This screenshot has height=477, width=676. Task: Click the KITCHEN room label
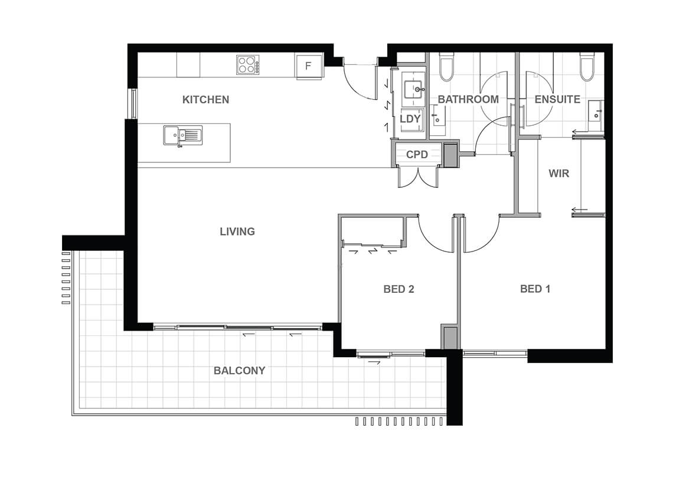(205, 100)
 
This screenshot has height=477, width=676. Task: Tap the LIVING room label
(237, 231)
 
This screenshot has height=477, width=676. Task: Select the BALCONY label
(239, 371)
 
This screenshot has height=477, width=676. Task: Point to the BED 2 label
(399, 289)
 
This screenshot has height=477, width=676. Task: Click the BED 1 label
(535, 289)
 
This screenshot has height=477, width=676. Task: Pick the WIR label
(559, 174)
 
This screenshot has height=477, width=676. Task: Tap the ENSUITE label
(557, 100)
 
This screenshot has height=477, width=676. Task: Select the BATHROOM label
(468, 100)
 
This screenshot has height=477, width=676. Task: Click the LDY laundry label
(410, 119)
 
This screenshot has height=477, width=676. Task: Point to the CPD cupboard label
(417, 154)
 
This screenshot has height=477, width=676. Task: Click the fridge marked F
(309, 66)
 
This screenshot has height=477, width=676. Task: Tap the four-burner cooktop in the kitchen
(248, 64)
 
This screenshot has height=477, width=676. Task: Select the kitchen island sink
(183, 135)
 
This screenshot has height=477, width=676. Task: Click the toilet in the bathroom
(446, 67)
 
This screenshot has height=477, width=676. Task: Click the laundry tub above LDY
(414, 90)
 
